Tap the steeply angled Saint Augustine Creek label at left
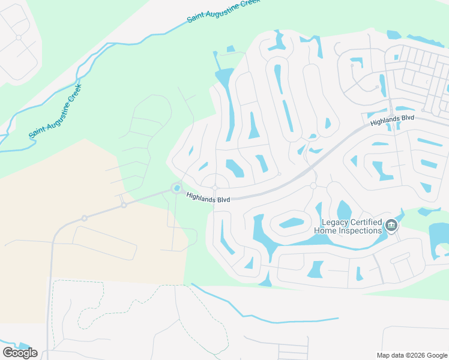tap(56, 112)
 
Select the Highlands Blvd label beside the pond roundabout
tap(208, 197)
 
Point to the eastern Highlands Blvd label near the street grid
tap(393, 120)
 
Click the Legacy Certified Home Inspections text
tap(348, 226)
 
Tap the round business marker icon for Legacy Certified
tap(391, 226)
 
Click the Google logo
tap(20, 353)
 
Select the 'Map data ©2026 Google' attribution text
tap(411, 355)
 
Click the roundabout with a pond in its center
tap(177, 188)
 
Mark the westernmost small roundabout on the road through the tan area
tap(85, 218)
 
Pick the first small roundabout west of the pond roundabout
tap(124, 205)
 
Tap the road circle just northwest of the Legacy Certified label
tap(313, 186)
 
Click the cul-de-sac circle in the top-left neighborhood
tap(19, 37)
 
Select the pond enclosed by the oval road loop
tap(291, 223)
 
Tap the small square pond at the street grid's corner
tap(396, 58)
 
